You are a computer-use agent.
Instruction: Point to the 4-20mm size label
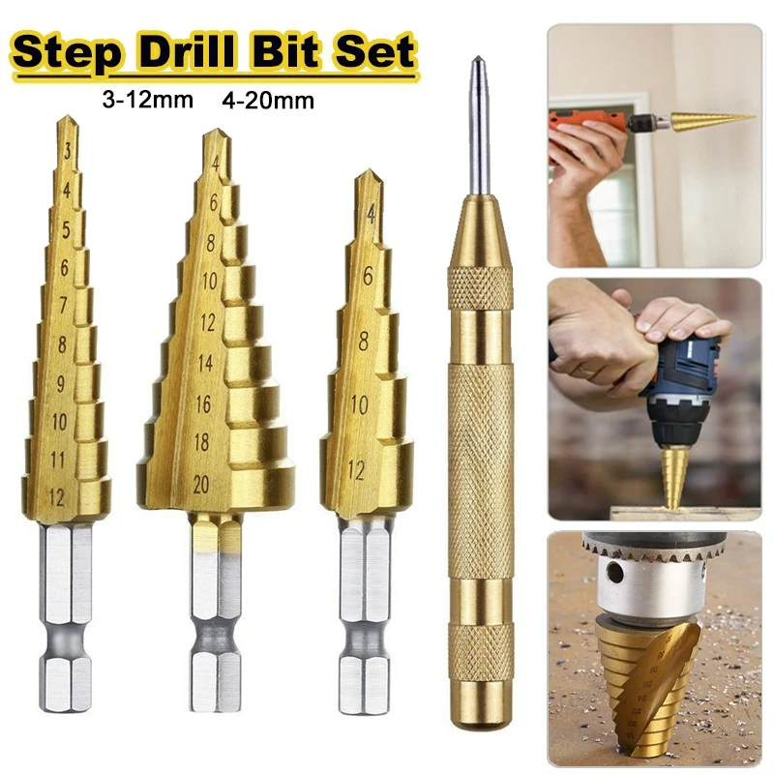(x=267, y=100)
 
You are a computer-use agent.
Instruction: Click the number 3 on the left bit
(x=67, y=150)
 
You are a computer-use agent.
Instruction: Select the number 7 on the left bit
(x=64, y=306)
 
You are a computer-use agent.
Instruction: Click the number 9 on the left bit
(x=63, y=383)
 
